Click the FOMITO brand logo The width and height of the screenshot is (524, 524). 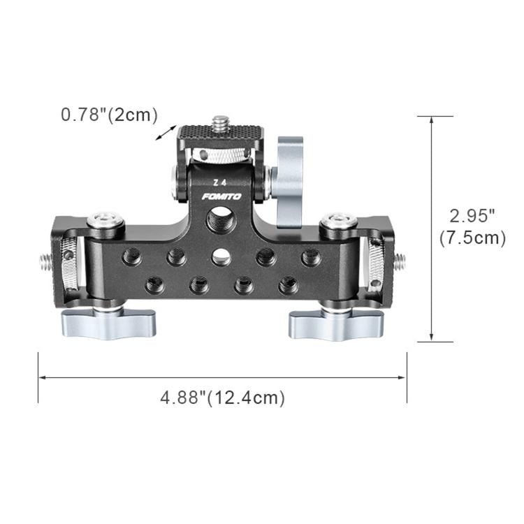(221, 196)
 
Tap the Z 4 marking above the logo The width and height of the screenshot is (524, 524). (220, 183)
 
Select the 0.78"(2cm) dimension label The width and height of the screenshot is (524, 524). (109, 115)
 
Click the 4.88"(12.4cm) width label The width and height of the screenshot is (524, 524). (223, 398)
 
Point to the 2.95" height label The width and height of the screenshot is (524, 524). (472, 216)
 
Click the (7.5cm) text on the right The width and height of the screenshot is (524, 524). (472, 238)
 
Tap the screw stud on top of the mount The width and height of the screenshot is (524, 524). (220, 124)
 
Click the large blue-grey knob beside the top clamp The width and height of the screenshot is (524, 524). (289, 182)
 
